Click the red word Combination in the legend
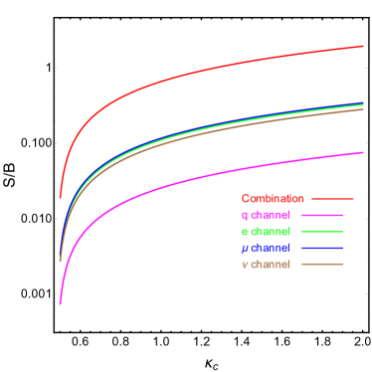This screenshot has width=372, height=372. coord(272,199)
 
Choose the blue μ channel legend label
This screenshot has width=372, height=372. coord(266,248)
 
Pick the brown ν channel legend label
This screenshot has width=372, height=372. coord(266,265)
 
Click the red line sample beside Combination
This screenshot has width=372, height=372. coord(332,199)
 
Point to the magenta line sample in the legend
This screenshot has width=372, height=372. coord(321,215)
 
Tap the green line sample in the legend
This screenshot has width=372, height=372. coord(321,232)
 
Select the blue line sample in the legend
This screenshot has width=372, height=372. coord(321,248)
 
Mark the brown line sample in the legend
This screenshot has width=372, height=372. coord(321,265)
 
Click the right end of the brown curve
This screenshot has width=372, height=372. coord(363,108)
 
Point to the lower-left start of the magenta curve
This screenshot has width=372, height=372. coord(61,303)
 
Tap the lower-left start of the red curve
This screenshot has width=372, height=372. coord(61,197)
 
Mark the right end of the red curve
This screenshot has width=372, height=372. coord(363,46)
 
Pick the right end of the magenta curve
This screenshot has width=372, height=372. coord(363,152)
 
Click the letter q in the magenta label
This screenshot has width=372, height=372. coord(245,216)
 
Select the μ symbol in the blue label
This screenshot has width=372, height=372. coord(245,249)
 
